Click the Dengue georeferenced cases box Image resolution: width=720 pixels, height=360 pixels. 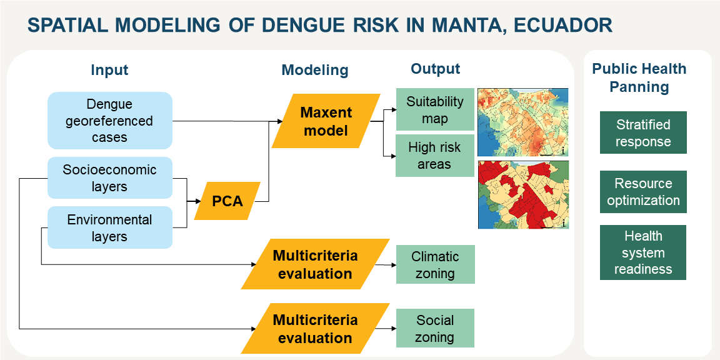110,120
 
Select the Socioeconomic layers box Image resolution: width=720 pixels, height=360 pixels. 110,177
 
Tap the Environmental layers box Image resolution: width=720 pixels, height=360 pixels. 110,227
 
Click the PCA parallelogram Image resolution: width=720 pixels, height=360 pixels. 227,201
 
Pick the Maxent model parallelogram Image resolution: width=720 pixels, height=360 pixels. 326,121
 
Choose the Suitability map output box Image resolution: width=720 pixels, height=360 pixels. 435,109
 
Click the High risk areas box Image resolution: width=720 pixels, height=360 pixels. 435,156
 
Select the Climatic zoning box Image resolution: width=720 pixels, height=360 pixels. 435,264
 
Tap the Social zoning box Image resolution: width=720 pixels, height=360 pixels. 435,328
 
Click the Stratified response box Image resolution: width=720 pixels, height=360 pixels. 643,132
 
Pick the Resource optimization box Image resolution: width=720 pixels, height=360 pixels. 643,192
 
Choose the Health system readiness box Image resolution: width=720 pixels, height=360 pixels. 643,252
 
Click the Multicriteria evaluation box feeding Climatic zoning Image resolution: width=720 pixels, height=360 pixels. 315,264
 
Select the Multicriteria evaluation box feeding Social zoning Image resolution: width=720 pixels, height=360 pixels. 315,328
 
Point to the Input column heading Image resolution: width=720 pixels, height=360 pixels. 109,70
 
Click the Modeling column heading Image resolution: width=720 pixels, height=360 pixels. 315,70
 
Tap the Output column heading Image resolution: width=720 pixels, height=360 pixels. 435,69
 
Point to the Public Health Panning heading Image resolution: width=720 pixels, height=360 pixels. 639,77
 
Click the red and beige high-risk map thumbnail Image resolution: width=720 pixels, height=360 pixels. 523,195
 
